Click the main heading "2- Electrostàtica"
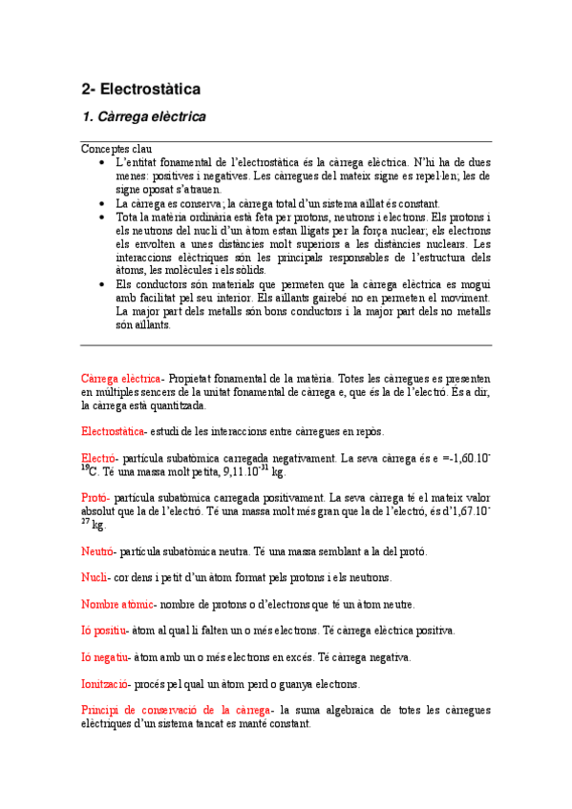pos(140,90)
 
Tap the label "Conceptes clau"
pos(117,149)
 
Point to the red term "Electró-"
pos(100,458)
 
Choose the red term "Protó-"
pos(96,498)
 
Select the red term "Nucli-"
pos(96,577)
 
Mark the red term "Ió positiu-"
pos(105,631)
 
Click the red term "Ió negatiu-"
pos(106,657)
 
